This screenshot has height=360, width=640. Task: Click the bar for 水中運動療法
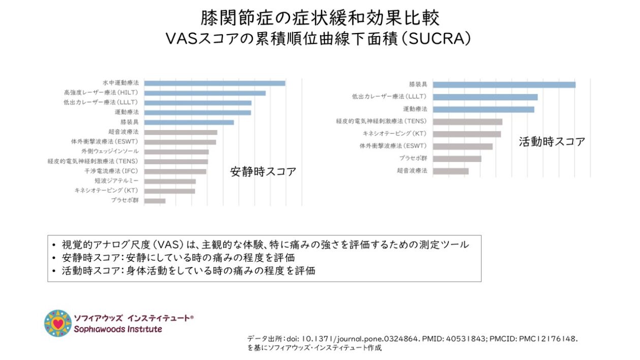point(215,83)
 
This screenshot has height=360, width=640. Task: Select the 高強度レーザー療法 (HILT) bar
point(205,93)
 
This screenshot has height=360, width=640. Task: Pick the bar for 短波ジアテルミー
point(170,181)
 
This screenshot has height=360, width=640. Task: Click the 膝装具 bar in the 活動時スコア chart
point(504,85)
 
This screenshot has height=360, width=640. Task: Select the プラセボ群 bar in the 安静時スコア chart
point(155,201)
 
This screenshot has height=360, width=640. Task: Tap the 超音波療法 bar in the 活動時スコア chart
point(451,171)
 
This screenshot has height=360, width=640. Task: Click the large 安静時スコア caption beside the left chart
point(263,172)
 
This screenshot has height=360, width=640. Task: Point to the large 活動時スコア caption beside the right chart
point(552,142)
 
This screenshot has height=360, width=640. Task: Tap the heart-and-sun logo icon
point(57,323)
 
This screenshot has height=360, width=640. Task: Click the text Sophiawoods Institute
point(118,330)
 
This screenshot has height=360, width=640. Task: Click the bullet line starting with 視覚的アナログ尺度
point(264,244)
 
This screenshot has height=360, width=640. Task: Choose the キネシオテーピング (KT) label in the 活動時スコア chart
point(394,134)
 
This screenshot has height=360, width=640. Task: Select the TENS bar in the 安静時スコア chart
point(176,161)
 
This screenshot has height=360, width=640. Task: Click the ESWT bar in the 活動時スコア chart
point(462,147)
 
